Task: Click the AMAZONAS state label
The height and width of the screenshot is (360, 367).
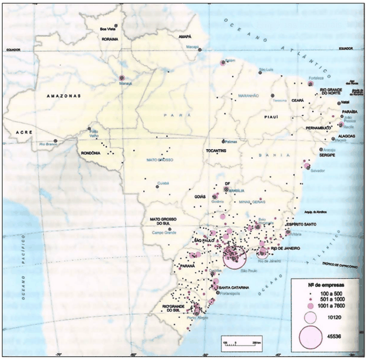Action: [62, 96]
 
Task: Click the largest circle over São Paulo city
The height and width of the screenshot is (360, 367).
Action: [234, 258]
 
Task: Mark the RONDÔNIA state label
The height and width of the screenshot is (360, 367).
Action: [90, 153]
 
